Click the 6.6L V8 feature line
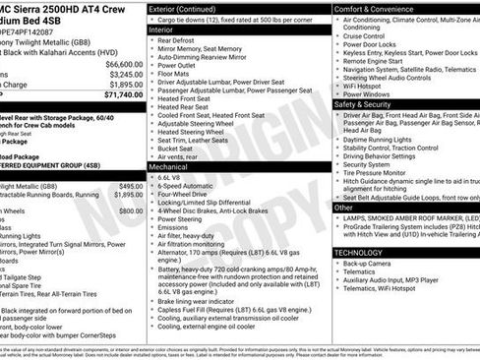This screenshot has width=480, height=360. pyautogui.click(x=172, y=178)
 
